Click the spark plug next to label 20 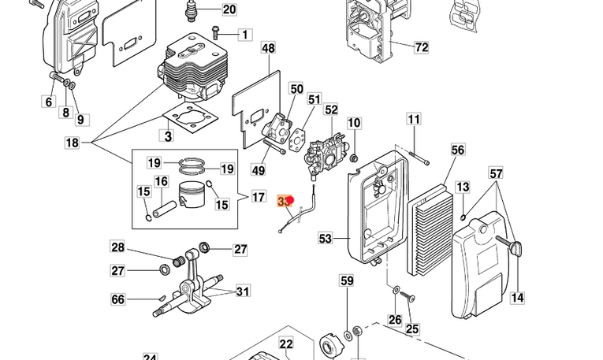[x=191, y=10]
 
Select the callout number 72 [x=421, y=47]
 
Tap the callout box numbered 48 [x=268, y=49]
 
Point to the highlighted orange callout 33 [x=285, y=202]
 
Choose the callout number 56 [x=458, y=149]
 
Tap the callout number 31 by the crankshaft [x=242, y=291]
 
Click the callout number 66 [x=117, y=299]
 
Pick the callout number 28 [x=117, y=248]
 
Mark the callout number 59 [x=347, y=280]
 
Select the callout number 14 [x=517, y=297]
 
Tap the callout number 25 [x=411, y=328]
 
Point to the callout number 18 [x=72, y=143]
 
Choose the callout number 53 [x=326, y=236]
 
